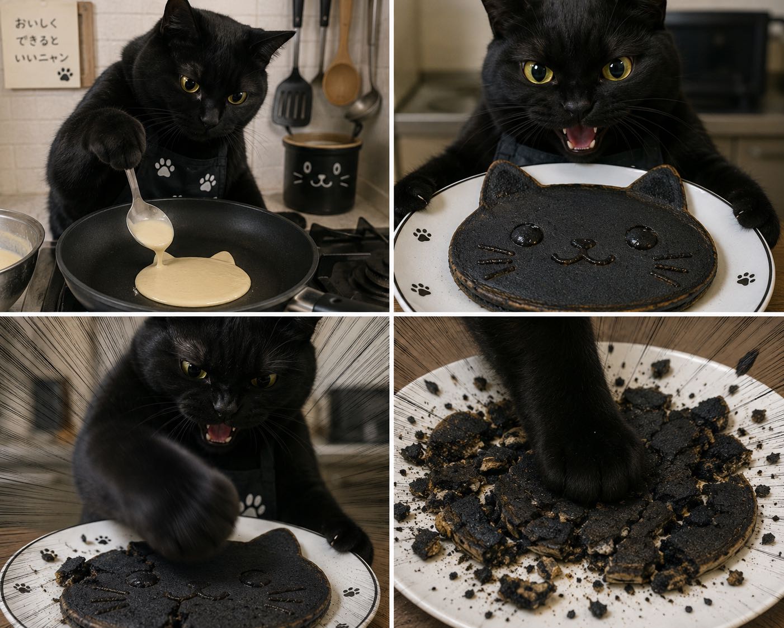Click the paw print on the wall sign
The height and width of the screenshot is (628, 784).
(x=65, y=75)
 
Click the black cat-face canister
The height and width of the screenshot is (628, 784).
(x=322, y=174)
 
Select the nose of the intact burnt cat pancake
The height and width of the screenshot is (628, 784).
(x=582, y=243)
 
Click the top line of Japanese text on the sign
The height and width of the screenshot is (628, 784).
(x=36, y=24)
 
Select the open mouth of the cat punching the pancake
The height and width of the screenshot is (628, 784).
(x=219, y=433)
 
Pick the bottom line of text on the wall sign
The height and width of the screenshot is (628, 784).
(x=42, y=58)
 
